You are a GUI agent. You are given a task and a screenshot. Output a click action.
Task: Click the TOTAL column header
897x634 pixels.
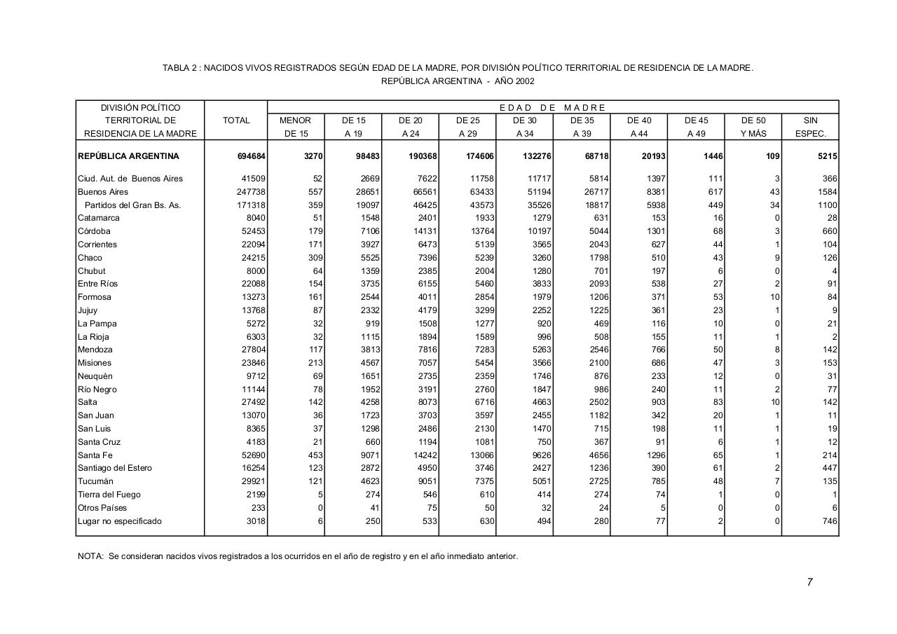click(236, 120)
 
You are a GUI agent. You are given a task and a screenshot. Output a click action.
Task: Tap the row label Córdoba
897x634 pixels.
click(98, 231)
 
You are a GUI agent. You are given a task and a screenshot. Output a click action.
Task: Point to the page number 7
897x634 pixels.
click(809, 582)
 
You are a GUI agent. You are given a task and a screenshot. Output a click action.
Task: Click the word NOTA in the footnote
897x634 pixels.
click(90, 557)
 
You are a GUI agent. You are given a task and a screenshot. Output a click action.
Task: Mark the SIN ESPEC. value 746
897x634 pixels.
click(829, 521)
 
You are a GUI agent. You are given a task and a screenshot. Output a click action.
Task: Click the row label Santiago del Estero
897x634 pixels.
click(114, 468)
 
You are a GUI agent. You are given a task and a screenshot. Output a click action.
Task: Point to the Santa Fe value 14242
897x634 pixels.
click(423, 455)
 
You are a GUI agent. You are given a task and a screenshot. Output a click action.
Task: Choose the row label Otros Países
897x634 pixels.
click(102, 508)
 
